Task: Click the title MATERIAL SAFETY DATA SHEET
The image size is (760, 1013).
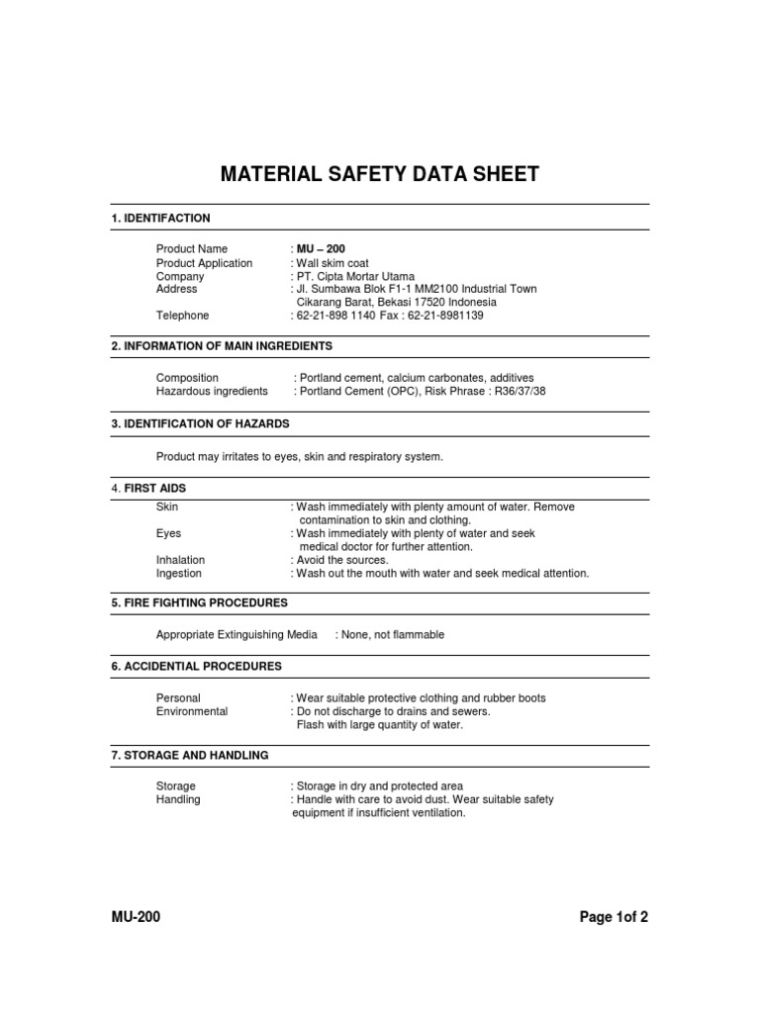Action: click(379, 175)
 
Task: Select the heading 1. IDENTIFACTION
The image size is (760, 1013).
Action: click(160, 218)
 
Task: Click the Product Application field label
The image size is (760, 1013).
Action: click(204, 263)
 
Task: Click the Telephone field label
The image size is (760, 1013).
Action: click(182, 316)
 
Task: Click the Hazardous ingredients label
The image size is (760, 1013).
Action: click(212, 391)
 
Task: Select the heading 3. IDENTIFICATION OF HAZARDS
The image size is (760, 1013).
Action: click(200, 423)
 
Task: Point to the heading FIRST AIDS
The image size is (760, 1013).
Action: click(154, 489)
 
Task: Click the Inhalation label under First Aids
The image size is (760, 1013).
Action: click(180, 560)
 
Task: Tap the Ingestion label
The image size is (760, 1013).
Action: click(178, 573)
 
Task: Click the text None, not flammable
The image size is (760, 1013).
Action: click(394, 635)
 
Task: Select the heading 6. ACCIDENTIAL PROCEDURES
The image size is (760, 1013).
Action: click(196, 667)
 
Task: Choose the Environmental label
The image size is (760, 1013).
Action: click(192, 711)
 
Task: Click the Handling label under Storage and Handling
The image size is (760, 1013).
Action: click(178, 799)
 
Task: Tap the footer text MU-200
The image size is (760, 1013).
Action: click(136, 917)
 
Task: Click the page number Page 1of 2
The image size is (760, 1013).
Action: click(614, 917)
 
